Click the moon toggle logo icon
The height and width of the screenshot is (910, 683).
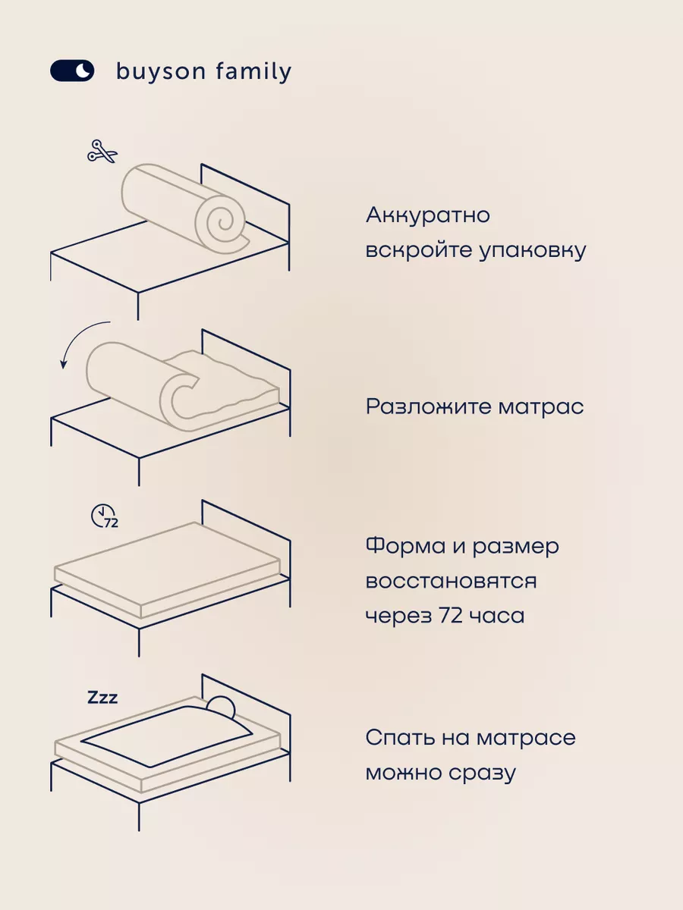coord(72,71)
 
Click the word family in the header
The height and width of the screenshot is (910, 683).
coord(254,72)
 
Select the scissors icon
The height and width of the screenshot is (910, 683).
coord(102,151)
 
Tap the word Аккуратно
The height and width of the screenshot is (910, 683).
coord(428,215)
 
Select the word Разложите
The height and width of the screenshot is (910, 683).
coord(428,406)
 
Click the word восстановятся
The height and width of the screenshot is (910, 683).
coord(451,581)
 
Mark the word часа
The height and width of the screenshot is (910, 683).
coord(497,616)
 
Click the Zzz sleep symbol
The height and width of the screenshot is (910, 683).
coord(102,697)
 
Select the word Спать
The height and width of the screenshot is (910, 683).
coord(402,738)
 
